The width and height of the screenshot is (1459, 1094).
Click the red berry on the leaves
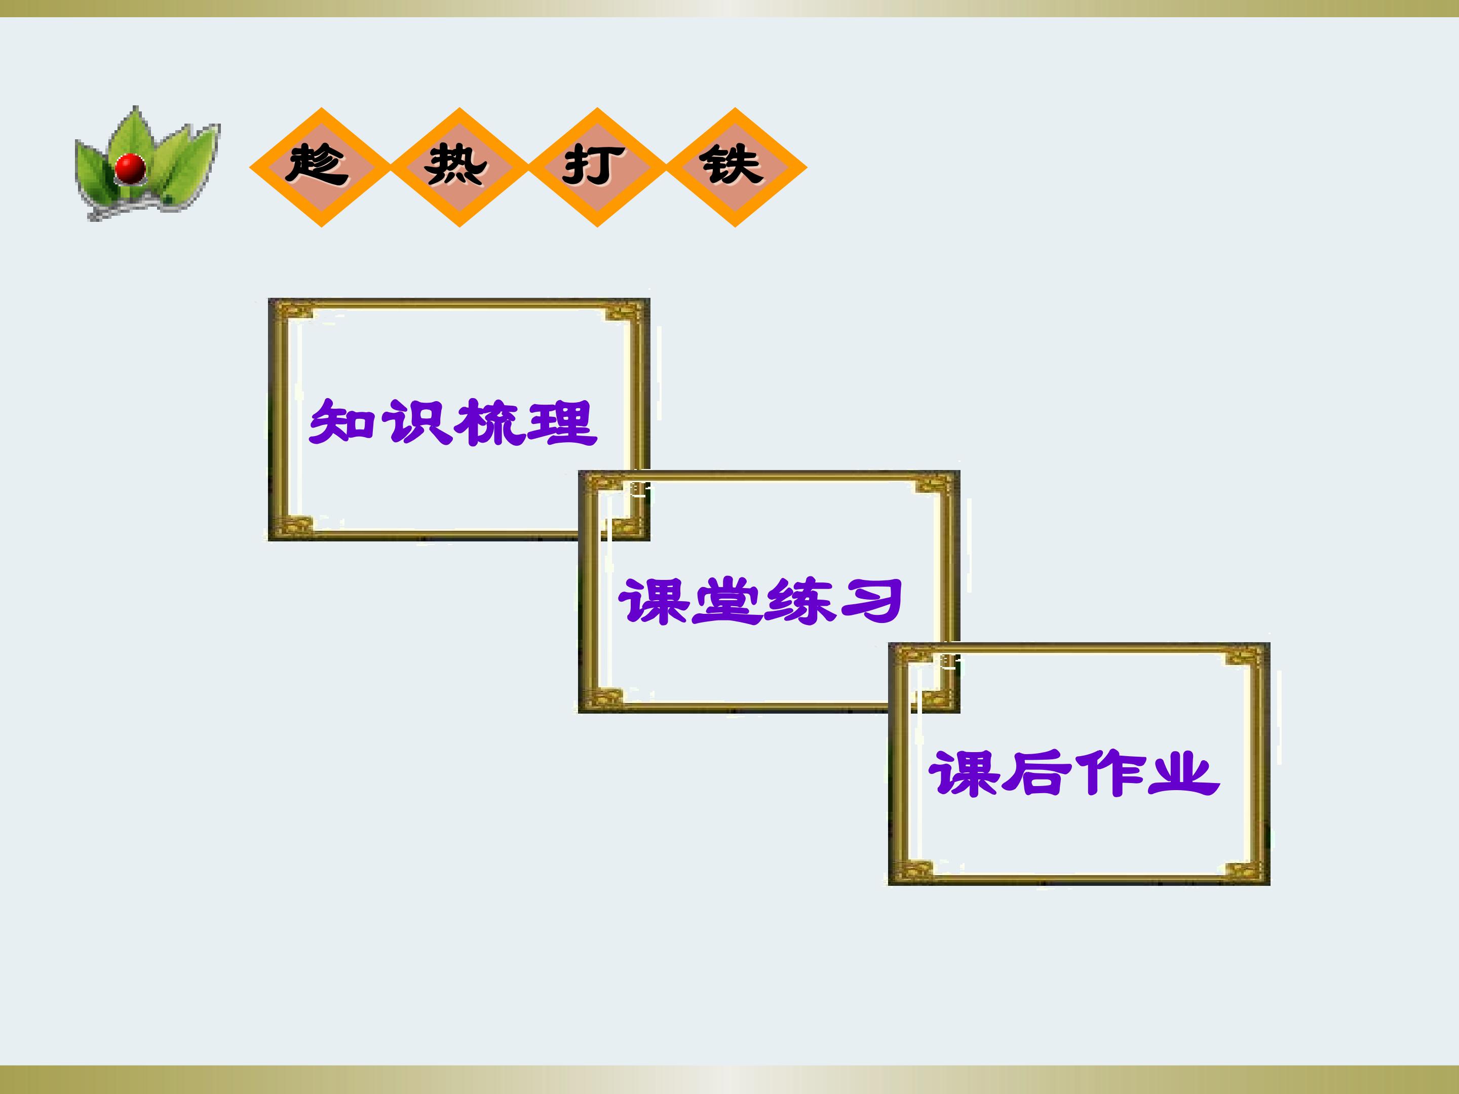click(x=130, y=168)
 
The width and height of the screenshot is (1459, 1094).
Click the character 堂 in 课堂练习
click(x=725, y=601)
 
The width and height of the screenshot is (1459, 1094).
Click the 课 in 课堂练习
click(x=653, y=601)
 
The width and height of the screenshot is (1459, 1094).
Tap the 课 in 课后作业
click(x=964, y=773)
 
